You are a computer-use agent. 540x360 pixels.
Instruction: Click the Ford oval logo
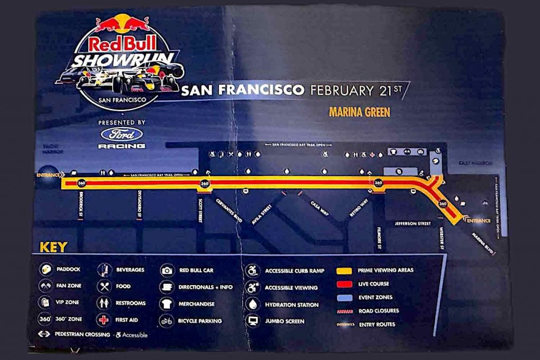click(122, 134)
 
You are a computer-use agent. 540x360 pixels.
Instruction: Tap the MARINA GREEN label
click(360, 112)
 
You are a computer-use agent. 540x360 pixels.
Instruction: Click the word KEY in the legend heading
click(53, 247)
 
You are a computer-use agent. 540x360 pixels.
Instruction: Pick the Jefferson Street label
click(413, 224)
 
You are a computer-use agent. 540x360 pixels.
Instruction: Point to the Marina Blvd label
click(483, 244)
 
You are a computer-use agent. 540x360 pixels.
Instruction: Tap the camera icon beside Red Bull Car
click(167, 270)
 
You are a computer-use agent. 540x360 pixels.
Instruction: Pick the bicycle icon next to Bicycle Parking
click(167, 321)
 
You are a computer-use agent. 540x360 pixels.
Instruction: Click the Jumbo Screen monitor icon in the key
click(253, 321)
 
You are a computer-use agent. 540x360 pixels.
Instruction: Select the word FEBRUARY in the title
click(341, 90)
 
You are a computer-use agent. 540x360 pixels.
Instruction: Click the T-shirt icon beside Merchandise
click(167, 304)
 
